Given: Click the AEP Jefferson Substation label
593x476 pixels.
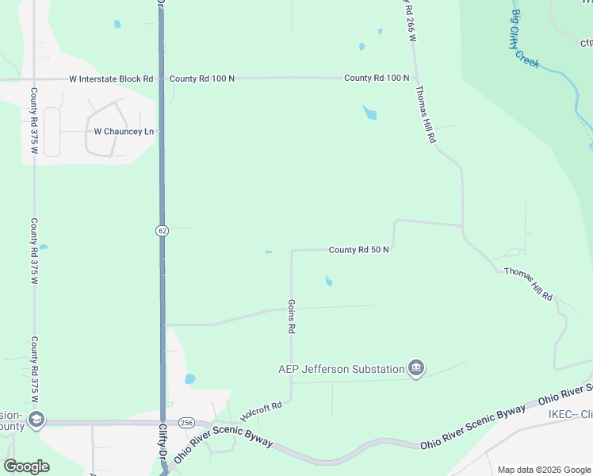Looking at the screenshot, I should [x=341, y=369].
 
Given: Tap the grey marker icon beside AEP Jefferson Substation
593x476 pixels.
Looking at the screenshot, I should [x=416, y=368].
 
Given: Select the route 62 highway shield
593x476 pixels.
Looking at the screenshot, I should [x=162, y=230].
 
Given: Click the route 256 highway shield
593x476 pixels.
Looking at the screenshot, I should [x=186, y=422].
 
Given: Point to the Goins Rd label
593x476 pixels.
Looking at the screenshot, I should [x=292, y=316].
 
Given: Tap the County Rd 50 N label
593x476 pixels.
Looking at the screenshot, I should [x=359, y=250].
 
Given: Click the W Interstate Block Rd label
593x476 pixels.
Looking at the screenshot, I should [x=111, y=79].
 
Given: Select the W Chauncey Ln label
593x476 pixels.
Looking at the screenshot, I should [x=124, y=131].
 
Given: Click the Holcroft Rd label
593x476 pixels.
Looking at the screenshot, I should [x=262, y=412].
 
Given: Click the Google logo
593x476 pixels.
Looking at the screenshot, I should [x=27, y=466].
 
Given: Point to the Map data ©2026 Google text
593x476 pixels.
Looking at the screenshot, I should [x=542, y=470].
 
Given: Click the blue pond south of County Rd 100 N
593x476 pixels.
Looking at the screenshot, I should [x=369, y=113].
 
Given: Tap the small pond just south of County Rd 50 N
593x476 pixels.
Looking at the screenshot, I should [x=328, y=280].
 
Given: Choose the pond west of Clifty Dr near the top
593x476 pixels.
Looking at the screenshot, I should [x=117, y=24].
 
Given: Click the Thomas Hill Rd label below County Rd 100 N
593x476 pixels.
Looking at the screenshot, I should [x=425, y=115].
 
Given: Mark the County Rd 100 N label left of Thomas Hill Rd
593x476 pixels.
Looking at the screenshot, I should [x=377, y=78].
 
